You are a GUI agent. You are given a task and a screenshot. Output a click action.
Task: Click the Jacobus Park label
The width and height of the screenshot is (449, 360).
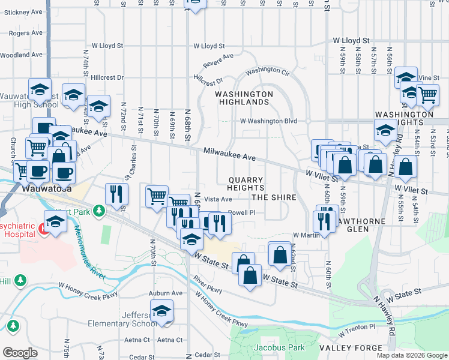279,347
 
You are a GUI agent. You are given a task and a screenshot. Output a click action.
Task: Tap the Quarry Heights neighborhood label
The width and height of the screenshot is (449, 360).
246,184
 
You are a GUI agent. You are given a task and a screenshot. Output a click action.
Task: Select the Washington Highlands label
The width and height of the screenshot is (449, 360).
244,98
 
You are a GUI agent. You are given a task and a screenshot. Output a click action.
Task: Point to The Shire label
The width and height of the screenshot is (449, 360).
274,197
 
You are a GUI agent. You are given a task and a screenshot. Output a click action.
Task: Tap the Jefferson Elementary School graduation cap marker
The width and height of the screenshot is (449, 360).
161,311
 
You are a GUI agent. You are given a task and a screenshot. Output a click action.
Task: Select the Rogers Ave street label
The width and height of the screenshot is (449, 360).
23,33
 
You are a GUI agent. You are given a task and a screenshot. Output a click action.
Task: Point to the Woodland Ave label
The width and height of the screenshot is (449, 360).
21,55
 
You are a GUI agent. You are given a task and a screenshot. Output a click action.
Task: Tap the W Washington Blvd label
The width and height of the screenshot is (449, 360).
269,121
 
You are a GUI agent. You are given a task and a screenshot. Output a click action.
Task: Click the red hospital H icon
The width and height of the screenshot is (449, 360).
43,229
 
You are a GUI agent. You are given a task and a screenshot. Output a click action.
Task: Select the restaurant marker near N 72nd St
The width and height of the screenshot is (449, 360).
116,193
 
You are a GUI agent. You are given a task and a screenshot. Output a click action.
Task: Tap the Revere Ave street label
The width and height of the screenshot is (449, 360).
218,61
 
